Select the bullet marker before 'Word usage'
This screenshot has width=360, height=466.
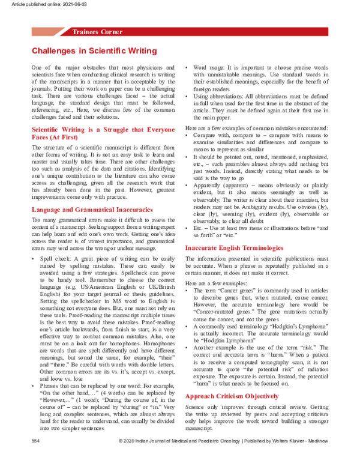tap(187, 68)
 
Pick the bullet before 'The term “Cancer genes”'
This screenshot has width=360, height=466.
tap(187, 290)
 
